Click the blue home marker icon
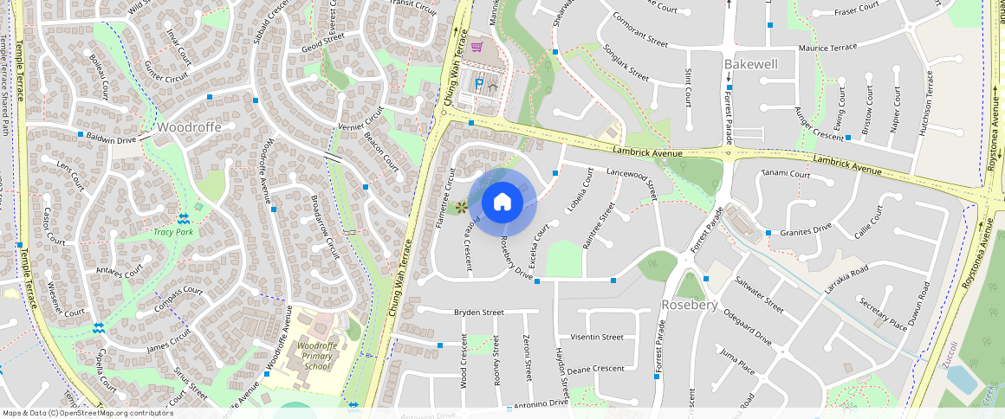tap(502, 203)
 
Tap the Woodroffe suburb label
tap(189, 127)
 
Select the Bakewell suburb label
tap(750, 65)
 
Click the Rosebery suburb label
tap(690, 306)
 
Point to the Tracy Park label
tap(172, 232)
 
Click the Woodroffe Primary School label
tap(311, 356)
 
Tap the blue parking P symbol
tap(478, 85)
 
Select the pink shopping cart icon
tap(477, 47)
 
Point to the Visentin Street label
tap(598, 337)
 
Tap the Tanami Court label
tap(784, 174)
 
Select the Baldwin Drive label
tap(112, 139)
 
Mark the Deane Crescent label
tap(595, 369)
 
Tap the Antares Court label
tap(120, 273)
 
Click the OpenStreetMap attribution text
tap(88, 413)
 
